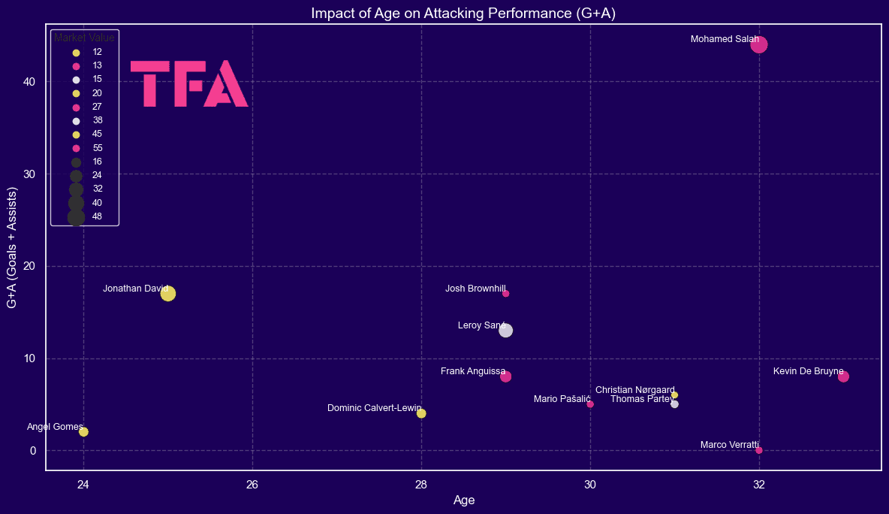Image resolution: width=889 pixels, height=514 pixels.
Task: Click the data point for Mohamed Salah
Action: [759, 44]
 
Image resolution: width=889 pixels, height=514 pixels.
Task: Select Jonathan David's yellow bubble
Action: [168, 294]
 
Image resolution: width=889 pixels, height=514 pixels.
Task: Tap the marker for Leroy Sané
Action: [506, 331]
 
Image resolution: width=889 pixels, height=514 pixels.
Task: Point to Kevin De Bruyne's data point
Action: [843, 376]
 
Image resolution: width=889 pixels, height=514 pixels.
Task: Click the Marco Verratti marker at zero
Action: [759, 450]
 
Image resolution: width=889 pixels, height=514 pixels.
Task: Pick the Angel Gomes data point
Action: [83, 432]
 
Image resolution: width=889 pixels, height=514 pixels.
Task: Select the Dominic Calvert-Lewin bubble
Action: [421, 413]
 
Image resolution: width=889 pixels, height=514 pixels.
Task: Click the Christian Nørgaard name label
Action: [635, 390]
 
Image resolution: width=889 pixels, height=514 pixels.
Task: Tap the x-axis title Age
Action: [463, 500]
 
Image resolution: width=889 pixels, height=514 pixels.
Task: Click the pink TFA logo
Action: [189, 83]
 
